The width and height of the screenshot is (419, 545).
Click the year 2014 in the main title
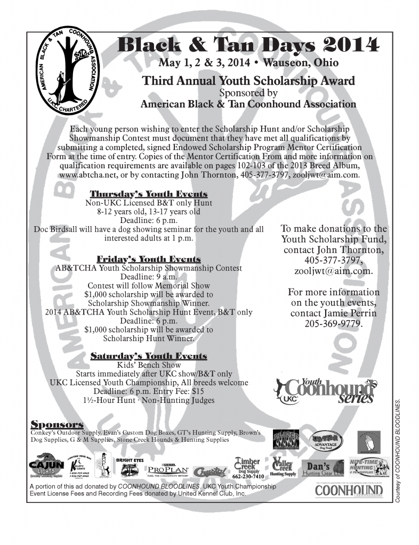pos(353,45)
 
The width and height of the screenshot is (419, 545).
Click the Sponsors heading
pos(57,424)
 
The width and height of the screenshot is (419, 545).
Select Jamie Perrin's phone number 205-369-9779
pos(333,323)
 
